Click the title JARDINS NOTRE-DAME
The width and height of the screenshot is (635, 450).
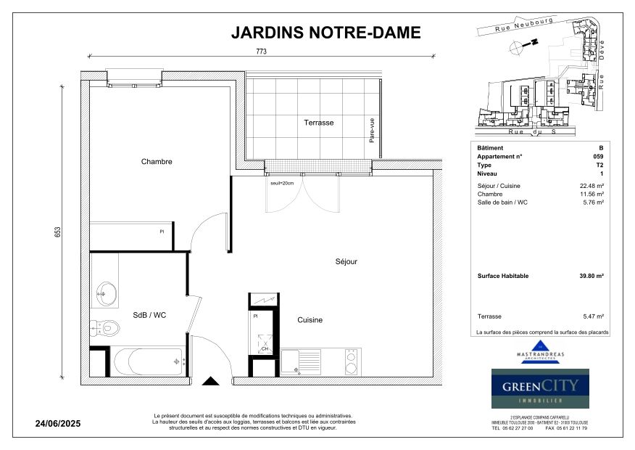[x=325, y=33]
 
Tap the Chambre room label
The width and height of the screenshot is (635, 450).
[x=157, y=162]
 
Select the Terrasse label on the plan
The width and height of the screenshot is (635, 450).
[x=319, y=123]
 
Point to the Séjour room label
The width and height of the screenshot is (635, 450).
[x=346, y=262]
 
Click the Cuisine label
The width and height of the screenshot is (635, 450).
[x=310, y=320]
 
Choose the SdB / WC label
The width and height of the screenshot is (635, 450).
[x=150, y=315]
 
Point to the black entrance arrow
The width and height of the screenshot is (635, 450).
[x=210, y=380]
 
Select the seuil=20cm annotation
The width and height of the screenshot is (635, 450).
[x=283, y=183]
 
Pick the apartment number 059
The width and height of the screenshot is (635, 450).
[x=598, y=157]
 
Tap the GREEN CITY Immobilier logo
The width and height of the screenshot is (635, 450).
[x=540, y=388]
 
